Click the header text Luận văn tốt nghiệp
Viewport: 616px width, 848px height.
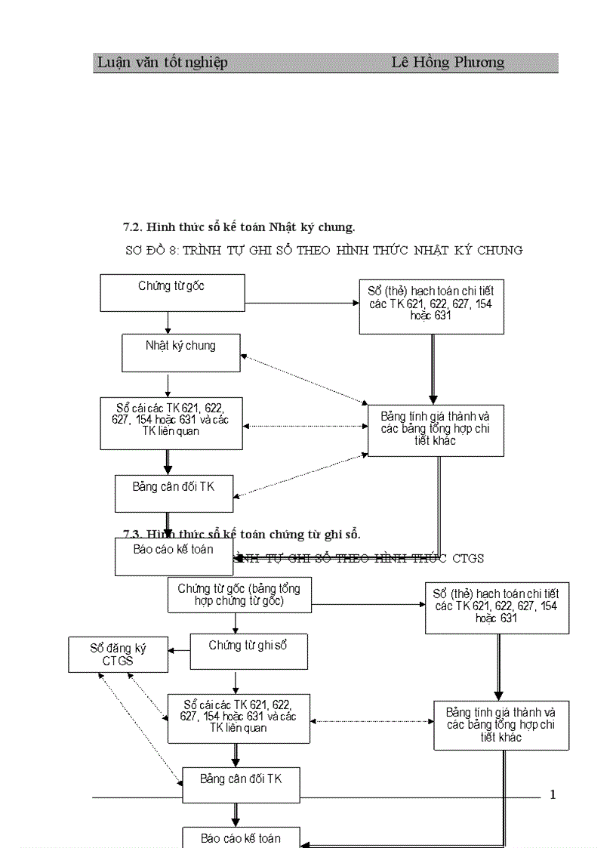(x=162, y=63)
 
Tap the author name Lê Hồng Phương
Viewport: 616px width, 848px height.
(x=448, y=63)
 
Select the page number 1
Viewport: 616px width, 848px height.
(x=553, y=794)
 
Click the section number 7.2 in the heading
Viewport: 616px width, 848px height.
(x=133, y=227)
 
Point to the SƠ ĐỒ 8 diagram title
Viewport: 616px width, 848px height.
(x=155, y=250)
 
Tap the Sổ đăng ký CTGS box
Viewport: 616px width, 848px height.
(x=118, y=655)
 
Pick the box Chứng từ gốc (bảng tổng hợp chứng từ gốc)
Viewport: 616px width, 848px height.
(x=239, y=594)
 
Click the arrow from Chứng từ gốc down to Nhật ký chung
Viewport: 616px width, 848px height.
(x=168, y=322)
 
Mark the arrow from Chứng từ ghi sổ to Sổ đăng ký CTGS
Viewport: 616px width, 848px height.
(x=179, y=650)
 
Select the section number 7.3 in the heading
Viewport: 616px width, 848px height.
(x=133, y=535)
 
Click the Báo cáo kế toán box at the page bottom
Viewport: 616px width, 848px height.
(x=241, y=837)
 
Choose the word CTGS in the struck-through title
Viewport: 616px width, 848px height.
(x=468, y=558)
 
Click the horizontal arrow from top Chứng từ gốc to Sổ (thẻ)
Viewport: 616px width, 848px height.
(x=302, y=304)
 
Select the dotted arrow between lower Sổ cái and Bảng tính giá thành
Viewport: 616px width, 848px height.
(x=371, y=721)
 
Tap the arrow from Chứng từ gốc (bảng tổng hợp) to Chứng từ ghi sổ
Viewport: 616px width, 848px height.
(x=236, y=623)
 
